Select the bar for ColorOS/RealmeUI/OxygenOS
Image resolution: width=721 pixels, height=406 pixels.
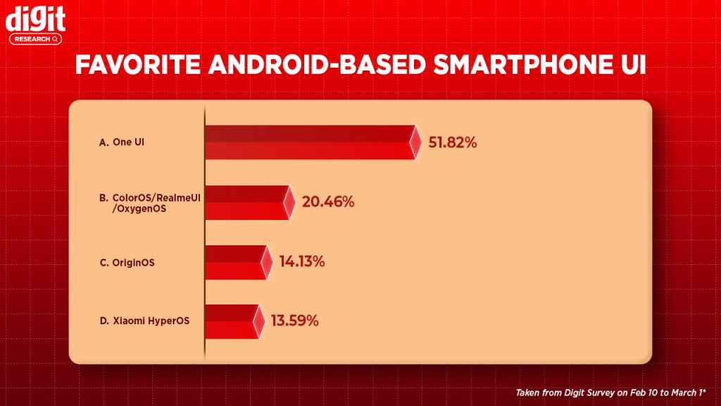point(246,202)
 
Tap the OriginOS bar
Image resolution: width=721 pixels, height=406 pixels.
point(235,262)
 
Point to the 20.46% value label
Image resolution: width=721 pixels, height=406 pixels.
point(327,202)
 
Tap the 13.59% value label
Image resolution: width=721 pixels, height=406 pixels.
point(295,321)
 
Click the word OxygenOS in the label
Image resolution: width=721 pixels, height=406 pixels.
point(137,208)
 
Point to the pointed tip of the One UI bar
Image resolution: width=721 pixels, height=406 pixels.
point(420,142)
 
